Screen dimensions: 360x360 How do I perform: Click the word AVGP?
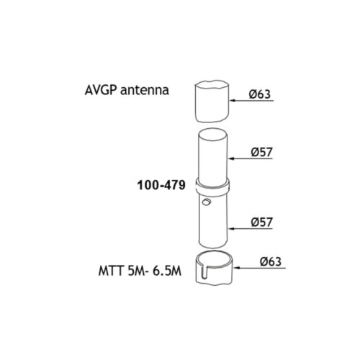[101, 90]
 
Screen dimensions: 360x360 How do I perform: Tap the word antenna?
[145, 91]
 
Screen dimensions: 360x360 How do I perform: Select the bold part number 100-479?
[161, 185]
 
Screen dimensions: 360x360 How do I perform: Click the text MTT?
[112, 271]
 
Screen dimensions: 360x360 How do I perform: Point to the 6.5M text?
[167, 271]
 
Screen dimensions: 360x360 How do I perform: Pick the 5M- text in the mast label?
[138, 271]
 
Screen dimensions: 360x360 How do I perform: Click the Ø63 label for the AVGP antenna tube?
[260, 94]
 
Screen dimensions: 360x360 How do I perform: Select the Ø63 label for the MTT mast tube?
[271, 261]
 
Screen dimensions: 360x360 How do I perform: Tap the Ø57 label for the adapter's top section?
[262, 152]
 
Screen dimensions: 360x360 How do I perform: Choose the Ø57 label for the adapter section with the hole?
[262, 222]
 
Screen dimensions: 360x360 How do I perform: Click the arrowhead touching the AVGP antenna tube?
[233, 101]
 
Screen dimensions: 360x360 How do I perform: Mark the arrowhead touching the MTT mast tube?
[237, 268]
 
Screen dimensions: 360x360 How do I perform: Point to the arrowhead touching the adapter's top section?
[231, 158]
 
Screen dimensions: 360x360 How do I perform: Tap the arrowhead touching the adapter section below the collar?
[231, 229]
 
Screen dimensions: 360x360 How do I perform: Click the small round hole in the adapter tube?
[206, 202]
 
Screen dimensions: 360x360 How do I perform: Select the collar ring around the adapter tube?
[212, 187]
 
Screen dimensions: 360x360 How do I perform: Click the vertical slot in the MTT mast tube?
[204, 271]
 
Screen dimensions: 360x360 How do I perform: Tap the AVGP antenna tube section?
[212, 102]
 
